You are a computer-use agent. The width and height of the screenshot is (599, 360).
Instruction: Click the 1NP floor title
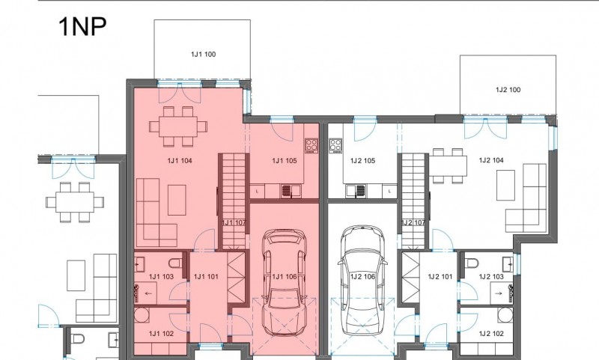tap(82, 27)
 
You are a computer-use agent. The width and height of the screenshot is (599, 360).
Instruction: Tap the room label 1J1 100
tap(203, 54)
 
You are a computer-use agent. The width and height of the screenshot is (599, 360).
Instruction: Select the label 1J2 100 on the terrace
tap(508, 90)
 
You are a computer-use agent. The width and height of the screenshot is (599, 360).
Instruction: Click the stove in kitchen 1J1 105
tap(311, 145)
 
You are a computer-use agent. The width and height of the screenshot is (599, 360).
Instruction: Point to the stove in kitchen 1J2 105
tap(335, 145)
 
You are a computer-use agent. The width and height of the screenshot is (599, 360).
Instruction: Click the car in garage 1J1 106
tap(285, 282)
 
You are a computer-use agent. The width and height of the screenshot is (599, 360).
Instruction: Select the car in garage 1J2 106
tap(362, 280)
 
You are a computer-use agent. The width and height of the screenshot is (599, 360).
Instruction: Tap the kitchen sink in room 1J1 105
tap(287, 191)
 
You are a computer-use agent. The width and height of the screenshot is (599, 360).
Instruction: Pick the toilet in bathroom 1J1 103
tap(176, 263)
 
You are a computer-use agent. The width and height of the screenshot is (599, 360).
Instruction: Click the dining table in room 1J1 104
tap(178, 126)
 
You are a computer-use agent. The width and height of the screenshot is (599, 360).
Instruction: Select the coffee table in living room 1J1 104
tap(177, 200)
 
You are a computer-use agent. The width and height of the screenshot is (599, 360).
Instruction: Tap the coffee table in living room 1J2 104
tap(505, 185)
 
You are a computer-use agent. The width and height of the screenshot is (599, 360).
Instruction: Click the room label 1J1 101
tap(206, 276)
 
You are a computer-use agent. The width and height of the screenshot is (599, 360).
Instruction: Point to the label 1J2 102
tap(491, 334)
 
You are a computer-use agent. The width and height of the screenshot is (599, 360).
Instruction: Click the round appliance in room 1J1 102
tap(142, 316)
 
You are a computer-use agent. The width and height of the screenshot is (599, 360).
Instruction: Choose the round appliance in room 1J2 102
tap(505, 315)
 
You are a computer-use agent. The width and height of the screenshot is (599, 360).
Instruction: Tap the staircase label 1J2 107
tap(413, 222)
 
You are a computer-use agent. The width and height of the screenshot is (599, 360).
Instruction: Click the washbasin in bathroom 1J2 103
tap(508, 263)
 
